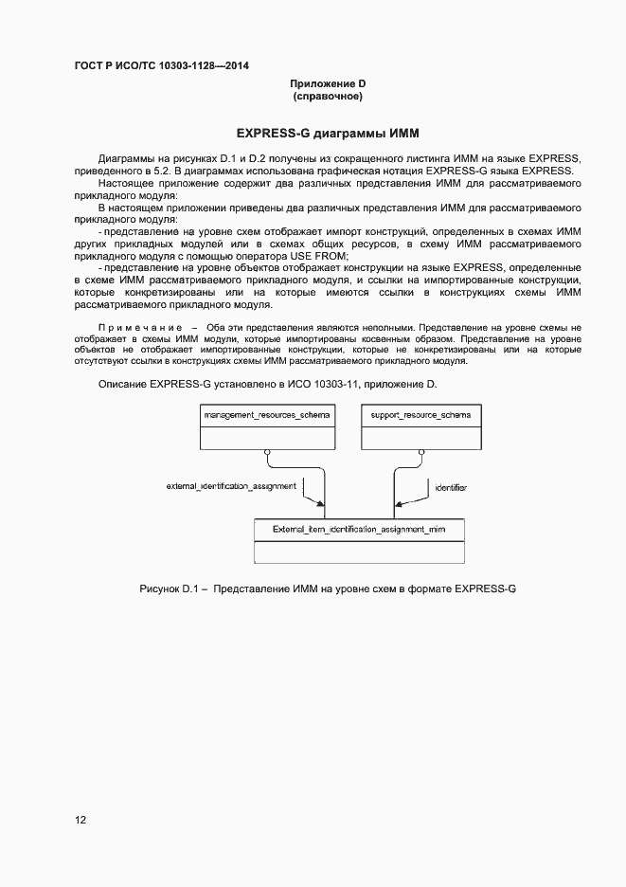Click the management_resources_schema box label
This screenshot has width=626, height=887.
coord(268,415)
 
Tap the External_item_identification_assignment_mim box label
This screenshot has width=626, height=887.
coord(359,529)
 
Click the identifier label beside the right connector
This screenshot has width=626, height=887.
coord(451,487)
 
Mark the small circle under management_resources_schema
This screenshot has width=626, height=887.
coord(268,453)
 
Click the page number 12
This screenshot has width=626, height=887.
coord(80,820)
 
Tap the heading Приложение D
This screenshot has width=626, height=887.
coord(328,84)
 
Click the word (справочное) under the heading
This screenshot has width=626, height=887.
coord(328,97)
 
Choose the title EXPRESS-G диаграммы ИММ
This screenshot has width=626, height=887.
coord(328,133)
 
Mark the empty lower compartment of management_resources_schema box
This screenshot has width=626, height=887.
coord(268,436)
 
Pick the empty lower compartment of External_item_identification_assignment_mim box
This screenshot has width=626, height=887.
coord(359,552)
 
